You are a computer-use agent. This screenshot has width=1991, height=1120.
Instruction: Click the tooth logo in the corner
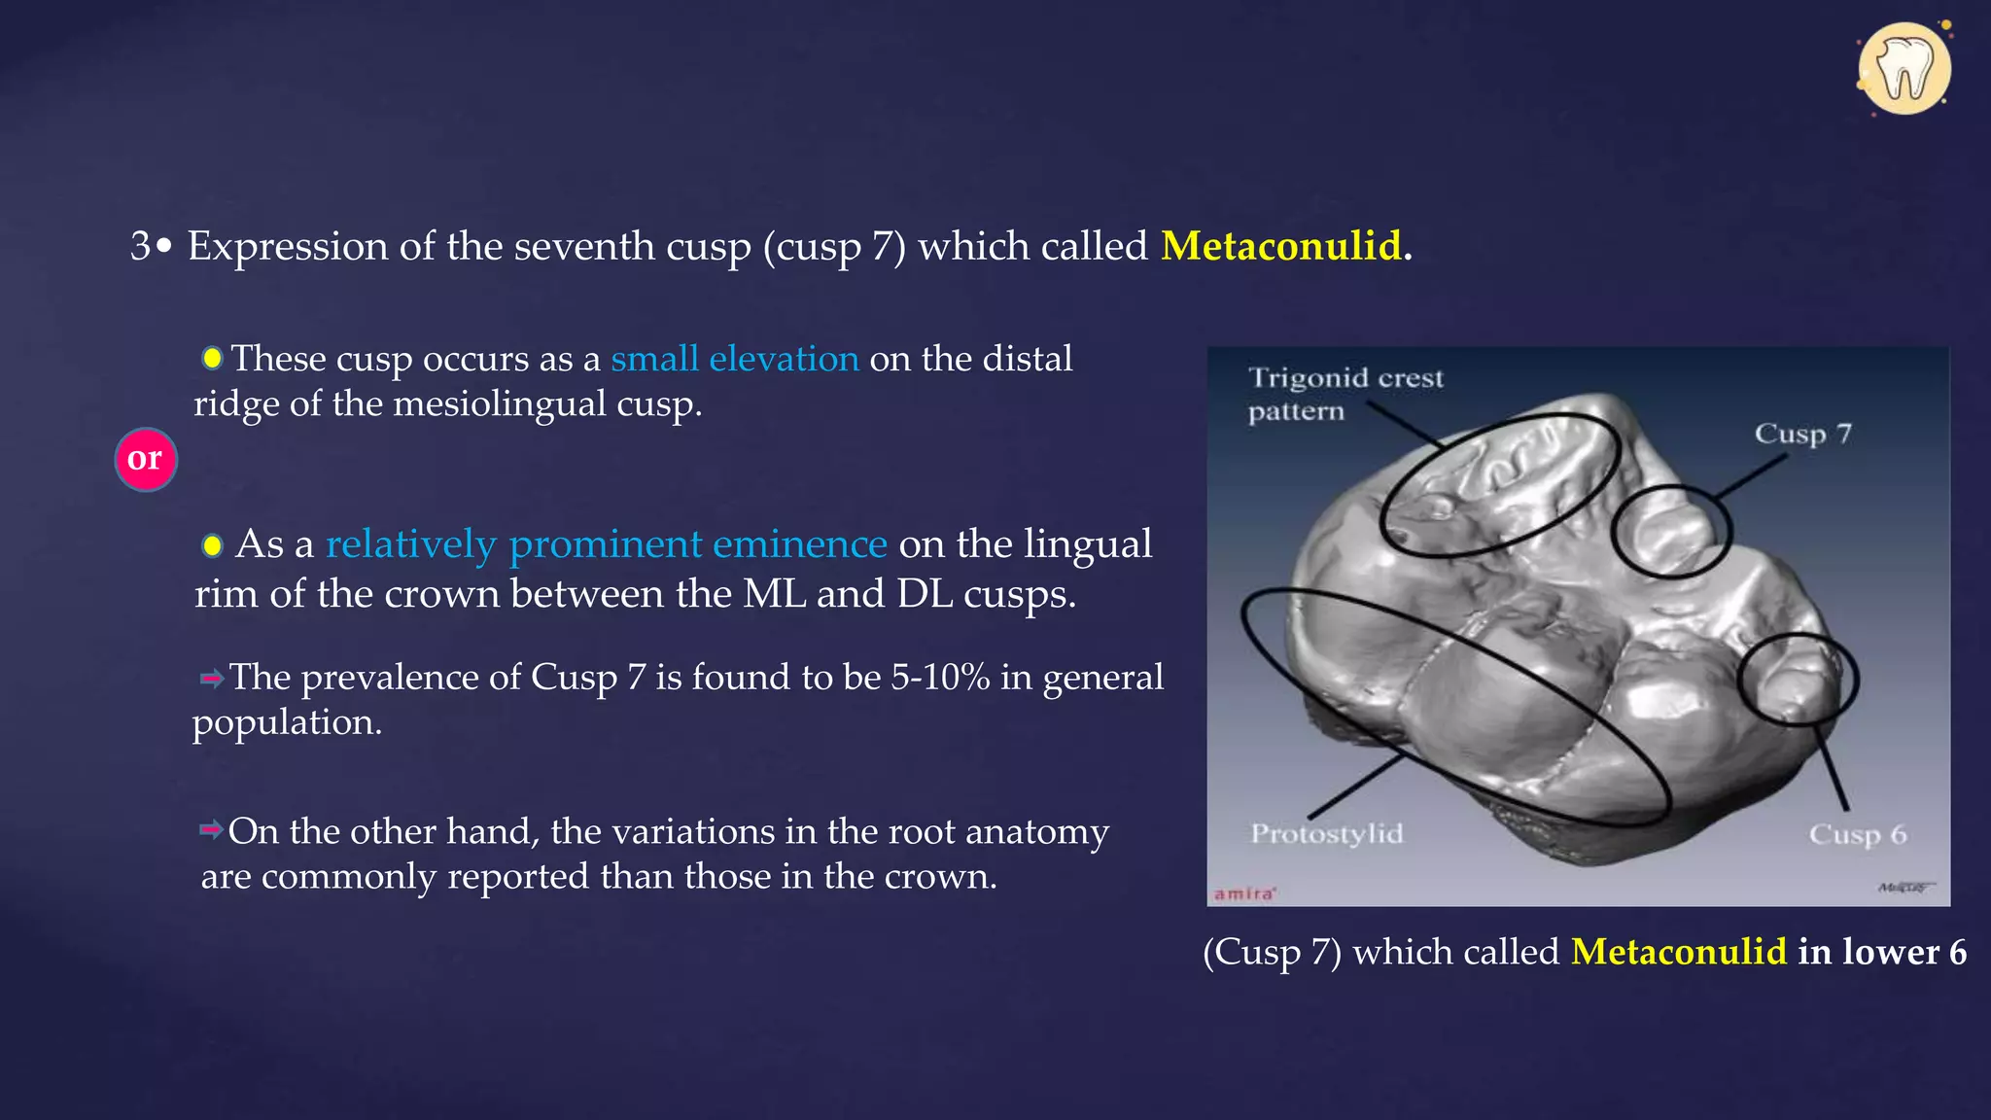(1904, 69)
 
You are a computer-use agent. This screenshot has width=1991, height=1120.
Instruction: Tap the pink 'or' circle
(146, 459)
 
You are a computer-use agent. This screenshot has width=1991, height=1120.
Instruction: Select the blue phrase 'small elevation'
(735, 359)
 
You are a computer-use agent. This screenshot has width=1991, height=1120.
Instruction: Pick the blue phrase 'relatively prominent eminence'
(606, 544)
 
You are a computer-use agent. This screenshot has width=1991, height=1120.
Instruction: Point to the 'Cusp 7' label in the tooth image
(1802, 434)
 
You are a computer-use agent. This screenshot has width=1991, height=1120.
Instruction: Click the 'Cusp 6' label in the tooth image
(1857, 834)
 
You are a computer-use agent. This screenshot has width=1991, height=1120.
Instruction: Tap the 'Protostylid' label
(1326, 833)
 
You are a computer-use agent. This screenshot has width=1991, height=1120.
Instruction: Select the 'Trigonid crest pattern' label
(1345, 394)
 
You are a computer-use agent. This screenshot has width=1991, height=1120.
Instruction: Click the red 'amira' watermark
(1244, 893)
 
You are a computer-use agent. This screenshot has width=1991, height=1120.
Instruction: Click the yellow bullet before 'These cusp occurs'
(212, 359)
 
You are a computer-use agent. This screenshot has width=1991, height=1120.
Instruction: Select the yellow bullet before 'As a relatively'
(212, 545)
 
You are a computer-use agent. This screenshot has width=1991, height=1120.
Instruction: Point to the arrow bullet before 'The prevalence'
(211, 678)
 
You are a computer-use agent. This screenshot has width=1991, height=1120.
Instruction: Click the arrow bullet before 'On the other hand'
(211, 830)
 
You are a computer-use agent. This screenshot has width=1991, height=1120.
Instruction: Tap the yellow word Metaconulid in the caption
(1678, 951)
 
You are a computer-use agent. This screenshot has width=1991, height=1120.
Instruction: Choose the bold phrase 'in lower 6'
(1882, 951)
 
